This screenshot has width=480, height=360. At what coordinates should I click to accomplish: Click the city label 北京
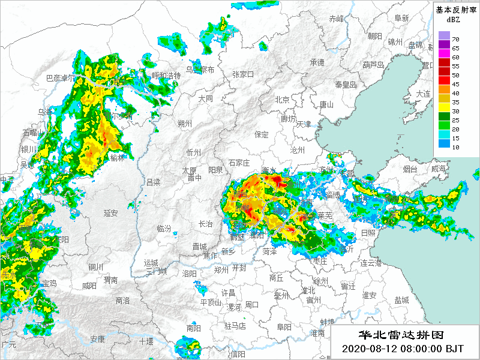pyautogui.click(x=282, y=100)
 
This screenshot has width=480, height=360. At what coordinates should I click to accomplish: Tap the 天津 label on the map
pyautogui.click(x=304, y=124)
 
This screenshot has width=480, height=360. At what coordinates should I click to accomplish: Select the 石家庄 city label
pyautogui.click(x=239, y=163)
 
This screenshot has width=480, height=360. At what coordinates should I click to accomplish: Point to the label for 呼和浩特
pyautogui.click(x=166, y=76)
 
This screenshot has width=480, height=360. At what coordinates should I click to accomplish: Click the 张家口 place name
pyautogui.click(x=243, y=74)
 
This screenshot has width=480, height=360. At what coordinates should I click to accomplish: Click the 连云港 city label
pyautogui.click(x=371, y=263)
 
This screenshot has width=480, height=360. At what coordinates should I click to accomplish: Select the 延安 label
pyautogui.click(x=110, y=212)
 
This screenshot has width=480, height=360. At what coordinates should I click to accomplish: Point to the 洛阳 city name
pyautogui.click(x=190, y=273)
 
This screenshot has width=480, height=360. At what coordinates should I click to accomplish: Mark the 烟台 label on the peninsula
pyautogui.click(x=410, y=170)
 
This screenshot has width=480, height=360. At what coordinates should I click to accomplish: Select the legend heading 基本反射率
pyautogui.click(x=455, y=10)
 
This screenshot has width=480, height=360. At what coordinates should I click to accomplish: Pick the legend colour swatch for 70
pyautogui.click(x=443, y=35)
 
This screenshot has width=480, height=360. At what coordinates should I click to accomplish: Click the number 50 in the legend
pyautogui.click(x=455, y=75)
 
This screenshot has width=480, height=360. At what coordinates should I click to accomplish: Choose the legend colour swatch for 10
pyautogui.click(x=443, y=143)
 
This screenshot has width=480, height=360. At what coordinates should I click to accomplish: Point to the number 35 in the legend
pyautogui.click(x=455, y=103)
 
